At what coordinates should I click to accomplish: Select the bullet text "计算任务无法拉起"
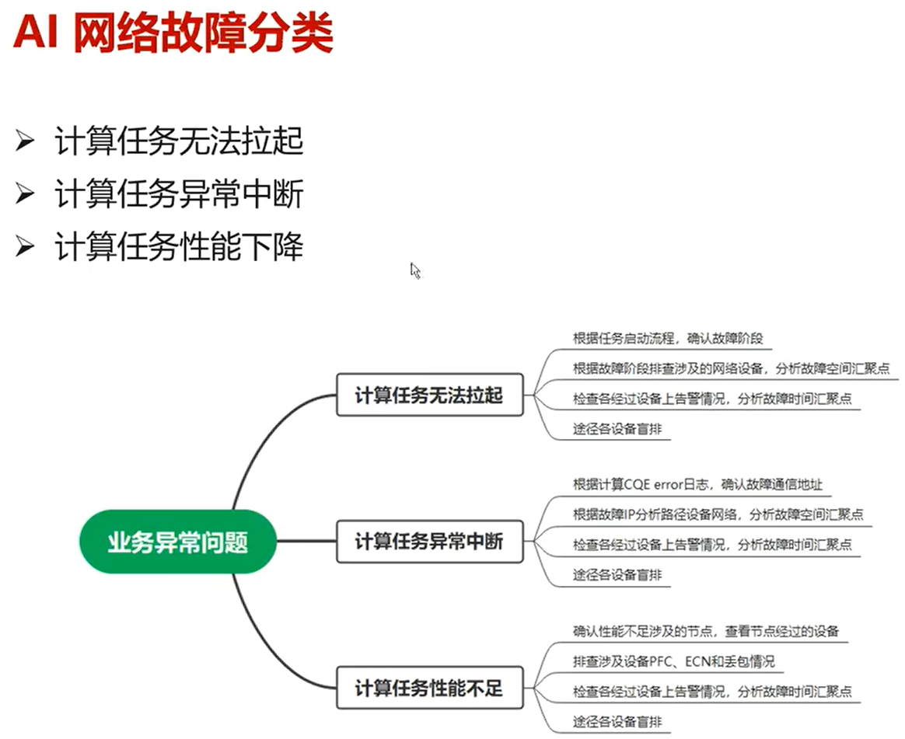[179, 142]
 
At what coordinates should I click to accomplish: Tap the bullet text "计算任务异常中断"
[179, 194]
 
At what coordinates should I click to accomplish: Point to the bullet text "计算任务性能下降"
[179, 247]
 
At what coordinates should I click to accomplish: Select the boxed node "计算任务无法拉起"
[429, 396]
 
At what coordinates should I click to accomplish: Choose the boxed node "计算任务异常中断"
[429, 542]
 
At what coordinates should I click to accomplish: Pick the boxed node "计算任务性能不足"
[429, 688]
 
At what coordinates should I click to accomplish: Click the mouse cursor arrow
[414, 270]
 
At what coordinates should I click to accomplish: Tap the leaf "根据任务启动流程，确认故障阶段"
[668, 338]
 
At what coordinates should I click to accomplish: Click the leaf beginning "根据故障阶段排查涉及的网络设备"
[731, 369]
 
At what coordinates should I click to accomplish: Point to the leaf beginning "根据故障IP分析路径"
[718, 514]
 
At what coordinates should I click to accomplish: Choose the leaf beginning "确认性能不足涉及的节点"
[705, 631]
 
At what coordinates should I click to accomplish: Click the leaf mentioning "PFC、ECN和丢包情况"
[673, 661]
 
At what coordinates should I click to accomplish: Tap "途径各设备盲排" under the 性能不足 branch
[617, 722]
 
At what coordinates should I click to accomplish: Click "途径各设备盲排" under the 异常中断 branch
[617, 575]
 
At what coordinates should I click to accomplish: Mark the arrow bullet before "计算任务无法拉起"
[26, 142]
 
